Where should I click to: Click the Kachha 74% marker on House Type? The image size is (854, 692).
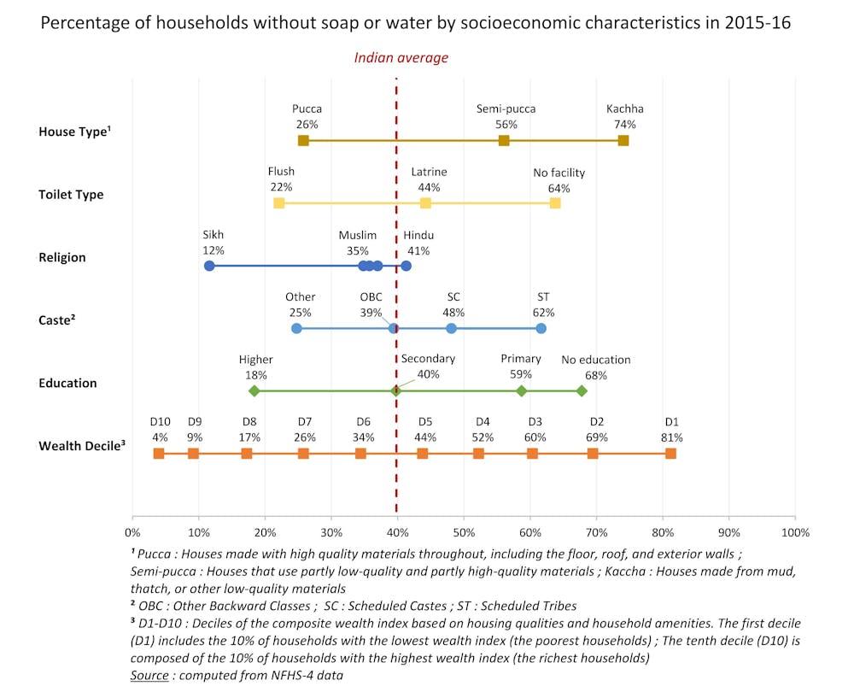click(x=623, y=141)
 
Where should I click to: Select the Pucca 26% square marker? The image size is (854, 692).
click(x=303, y=141)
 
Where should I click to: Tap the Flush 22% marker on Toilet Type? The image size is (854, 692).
click(x=278, y=203)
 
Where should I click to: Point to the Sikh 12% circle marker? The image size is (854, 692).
click(x=209, y=266)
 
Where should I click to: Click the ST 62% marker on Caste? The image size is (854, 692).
click(x=541, y=328)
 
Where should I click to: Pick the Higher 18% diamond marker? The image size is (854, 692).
click(x=254, y=390)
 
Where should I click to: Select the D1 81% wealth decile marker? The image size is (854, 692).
click(x=670, y=453)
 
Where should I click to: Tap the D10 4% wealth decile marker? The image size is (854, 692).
click(x=159, y=453)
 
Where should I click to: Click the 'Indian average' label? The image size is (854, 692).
click(x=401, y=58)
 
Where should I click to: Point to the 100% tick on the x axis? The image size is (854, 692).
click(x=795, y=532)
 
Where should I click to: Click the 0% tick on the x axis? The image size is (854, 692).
click(x=132, y=532)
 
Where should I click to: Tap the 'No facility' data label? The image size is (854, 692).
click(x=559, y=173)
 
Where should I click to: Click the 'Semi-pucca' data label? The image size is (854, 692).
click(x=506, y=109)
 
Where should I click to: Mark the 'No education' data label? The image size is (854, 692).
click(x=595, y=360)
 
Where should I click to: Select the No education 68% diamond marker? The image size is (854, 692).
click(x=582, y=390)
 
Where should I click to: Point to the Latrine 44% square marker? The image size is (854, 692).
click(x=425, y=203)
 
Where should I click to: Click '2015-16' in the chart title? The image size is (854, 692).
click(x=757, y=23)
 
